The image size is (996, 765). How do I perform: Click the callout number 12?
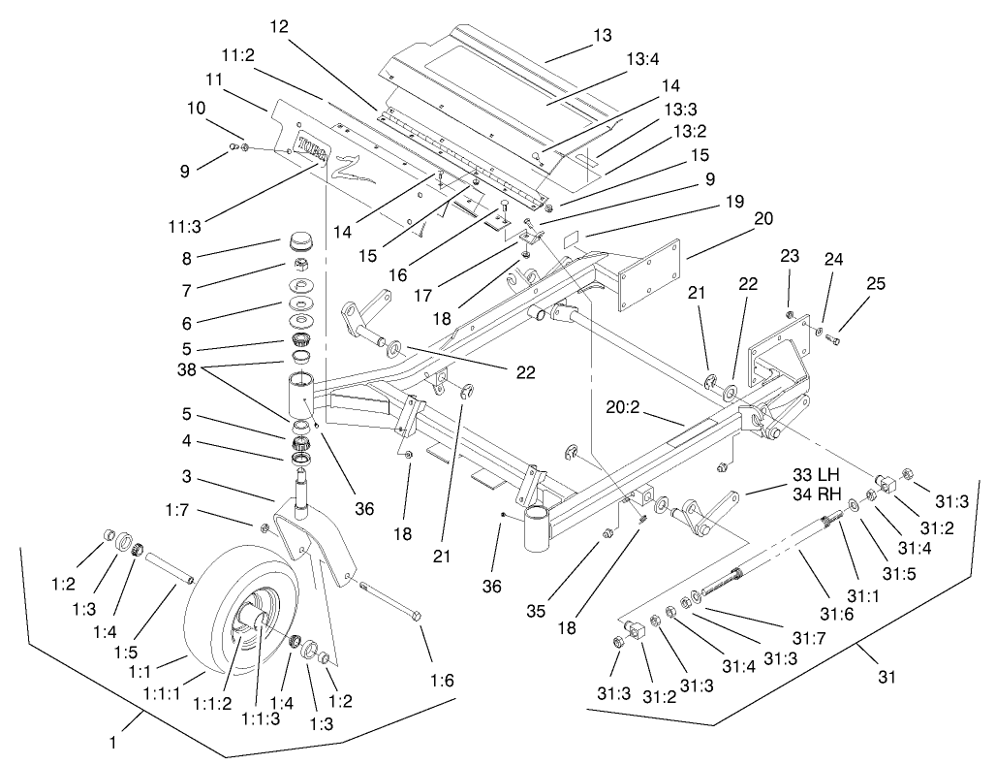280,27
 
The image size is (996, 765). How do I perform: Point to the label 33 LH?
814,476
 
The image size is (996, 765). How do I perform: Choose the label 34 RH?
814,494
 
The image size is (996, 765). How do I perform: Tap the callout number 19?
733,202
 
